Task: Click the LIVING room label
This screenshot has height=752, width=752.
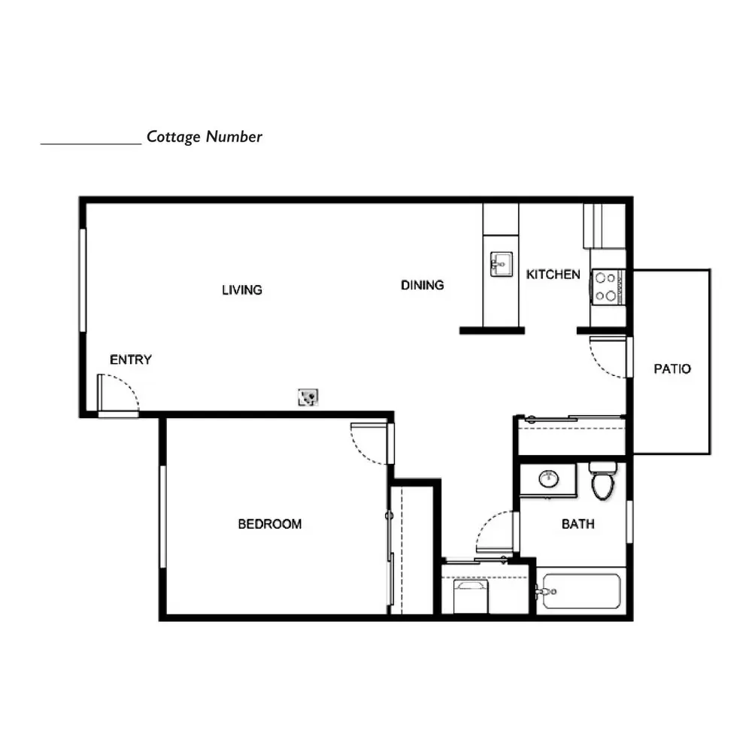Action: pyautogui.click(x=241, y=290)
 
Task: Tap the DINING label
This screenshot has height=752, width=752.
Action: pyautogui.click(x=422, y=285)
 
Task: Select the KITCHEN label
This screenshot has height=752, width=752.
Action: pyautogui.click(x=553, y=274)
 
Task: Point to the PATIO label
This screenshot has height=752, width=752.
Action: pyautogui.click(x=672, y=368)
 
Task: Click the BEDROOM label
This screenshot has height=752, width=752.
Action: pyautogui.click(x=269, y=523)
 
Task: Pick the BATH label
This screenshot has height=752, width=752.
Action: pyautogui.click(x=578, y=523)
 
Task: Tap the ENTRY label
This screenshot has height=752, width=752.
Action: pyautogui.click(x=130, y=359)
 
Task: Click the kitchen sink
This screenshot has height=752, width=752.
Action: pyautogui.click(x=501, y=264)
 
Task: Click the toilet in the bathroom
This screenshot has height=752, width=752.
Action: pyautogui.click(x=603, y=480)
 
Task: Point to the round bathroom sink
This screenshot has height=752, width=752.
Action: pyautogui.click(x=549, y=478)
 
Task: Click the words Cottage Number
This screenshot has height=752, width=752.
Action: pyautogui.click(x=205, y=137)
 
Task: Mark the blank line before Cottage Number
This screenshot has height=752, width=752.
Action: pyautogui.click(x=91, y=144)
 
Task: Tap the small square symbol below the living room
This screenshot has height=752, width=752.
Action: pyautogui.click(x=308, y=397)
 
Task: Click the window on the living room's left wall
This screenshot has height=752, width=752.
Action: pyautogui.click(x=83, y=280)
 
